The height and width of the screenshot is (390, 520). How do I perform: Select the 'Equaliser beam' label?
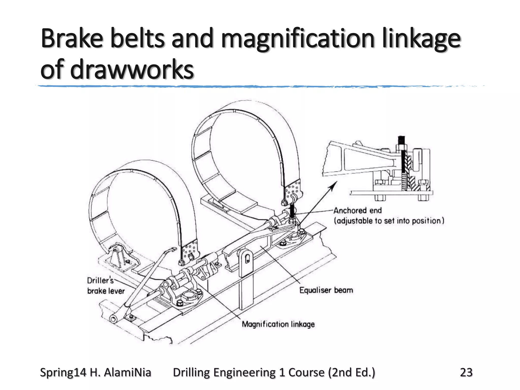click(326, 290)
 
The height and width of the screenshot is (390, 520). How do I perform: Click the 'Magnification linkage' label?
click(278, 324)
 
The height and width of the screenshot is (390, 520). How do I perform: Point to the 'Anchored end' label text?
click(357, 210)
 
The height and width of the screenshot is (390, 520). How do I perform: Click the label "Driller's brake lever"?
click(106, 286)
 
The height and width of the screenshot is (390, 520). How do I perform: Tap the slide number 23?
click(466, 372)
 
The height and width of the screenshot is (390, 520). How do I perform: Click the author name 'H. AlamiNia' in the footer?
click(121, 372)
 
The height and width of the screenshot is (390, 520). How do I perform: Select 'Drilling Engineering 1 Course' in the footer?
click(248, 372)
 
